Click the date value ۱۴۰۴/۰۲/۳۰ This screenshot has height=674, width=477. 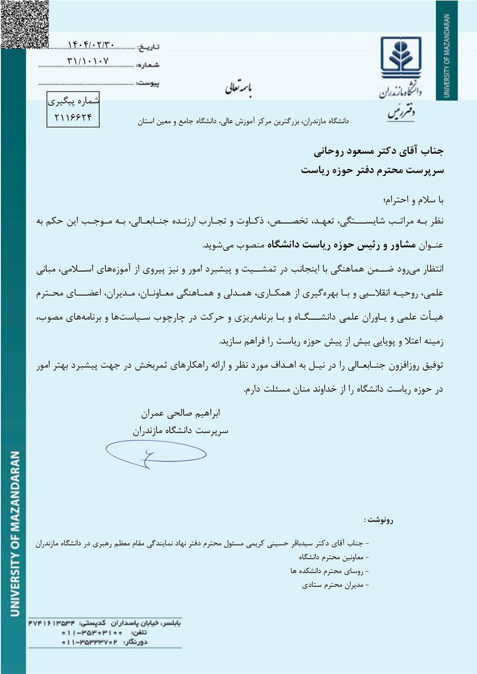(x=91, y=45)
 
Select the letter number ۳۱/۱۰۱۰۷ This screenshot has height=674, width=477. (x=88, y=61)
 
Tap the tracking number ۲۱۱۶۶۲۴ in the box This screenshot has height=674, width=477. (x=73, y=117)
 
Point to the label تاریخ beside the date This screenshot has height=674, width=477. (x=148, y=47)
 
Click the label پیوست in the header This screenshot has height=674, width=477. (x=148, y=83)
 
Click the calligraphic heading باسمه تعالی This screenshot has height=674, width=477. (x=238, y=89)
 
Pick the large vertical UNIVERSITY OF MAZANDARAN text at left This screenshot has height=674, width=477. (x=15, y=533)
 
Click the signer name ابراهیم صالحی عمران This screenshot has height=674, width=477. (x=180, y=413)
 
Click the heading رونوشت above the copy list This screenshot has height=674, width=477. (x=379, y=520)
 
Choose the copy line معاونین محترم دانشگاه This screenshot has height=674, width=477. (x=331, y=557)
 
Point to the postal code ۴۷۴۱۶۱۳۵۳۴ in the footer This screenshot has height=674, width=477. (x=52, y=623)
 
